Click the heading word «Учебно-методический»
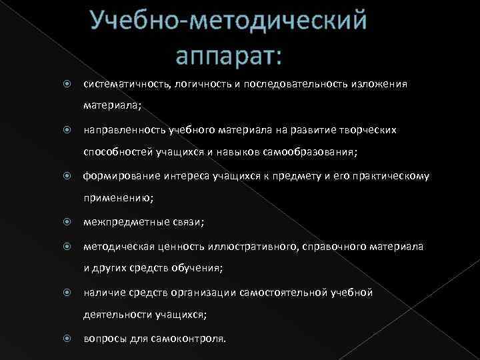click(x=229, y=20)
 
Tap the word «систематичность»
click(x=125, y=85)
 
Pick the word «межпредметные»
click(x=120, y=223)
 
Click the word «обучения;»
click(x=197, y=268)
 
